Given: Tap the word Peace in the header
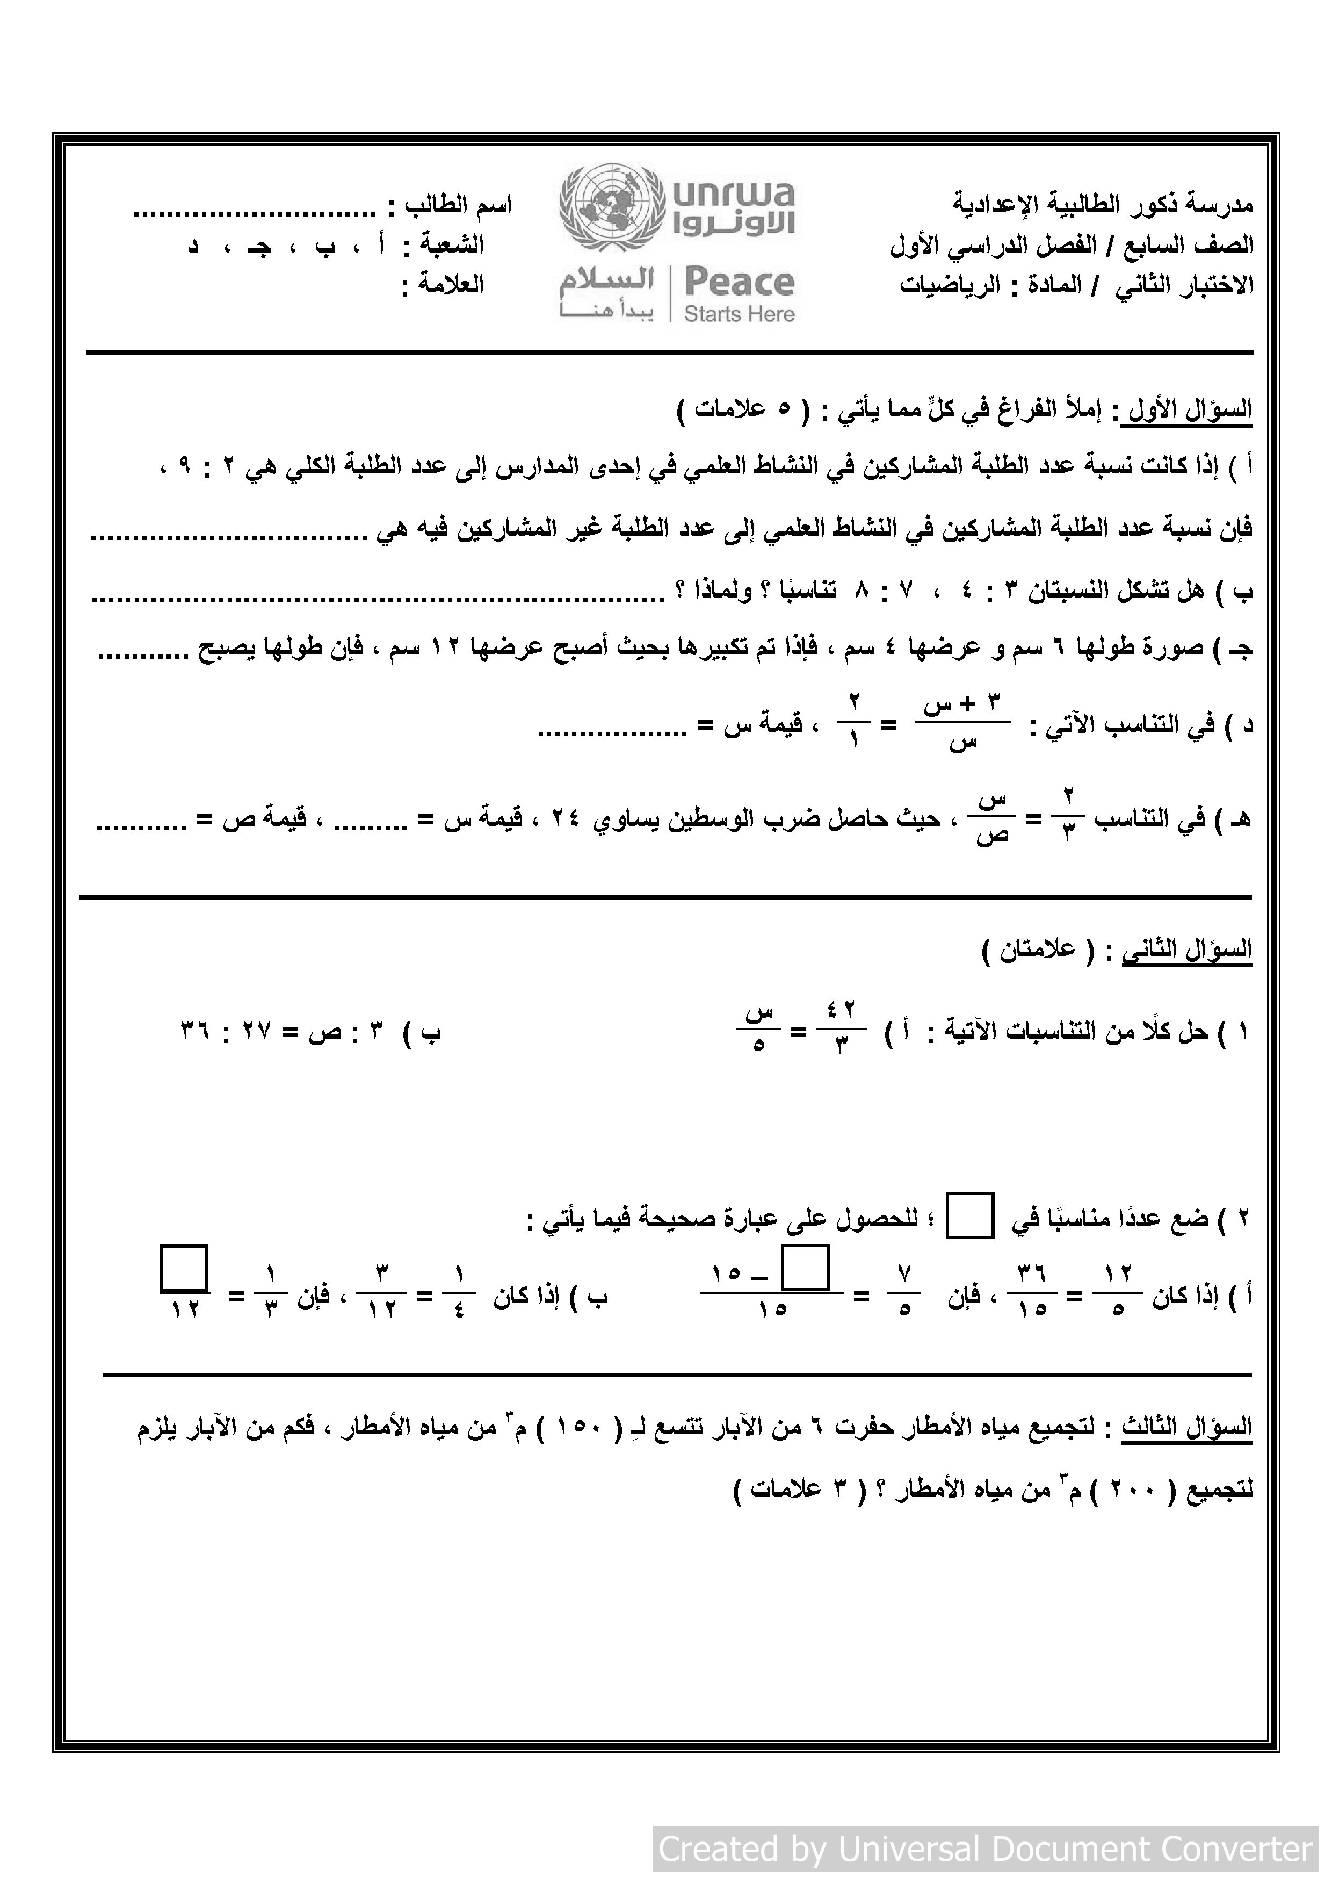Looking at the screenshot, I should click(x=739, y=282).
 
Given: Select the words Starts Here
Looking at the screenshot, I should click(x=739, y=314).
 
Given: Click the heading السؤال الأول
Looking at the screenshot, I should click(x=1190, y=409).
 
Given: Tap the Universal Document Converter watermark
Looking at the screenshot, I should click(x=986, y=1849).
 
